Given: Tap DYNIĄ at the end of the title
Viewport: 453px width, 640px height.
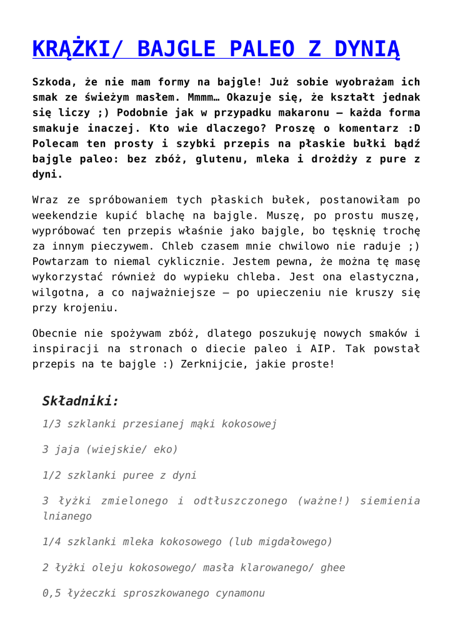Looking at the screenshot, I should pos(367,49).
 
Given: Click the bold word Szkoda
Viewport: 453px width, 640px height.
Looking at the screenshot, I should pos(53,82).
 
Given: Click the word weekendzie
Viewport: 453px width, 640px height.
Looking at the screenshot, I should pos(62,216).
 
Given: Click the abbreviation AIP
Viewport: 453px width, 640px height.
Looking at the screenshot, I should pos(322,349).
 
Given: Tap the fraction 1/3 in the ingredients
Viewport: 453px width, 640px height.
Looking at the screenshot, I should pos(52,424).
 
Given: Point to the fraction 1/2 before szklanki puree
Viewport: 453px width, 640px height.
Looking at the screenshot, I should pos(52,476).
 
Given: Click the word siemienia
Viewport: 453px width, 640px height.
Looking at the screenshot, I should pos(391,501).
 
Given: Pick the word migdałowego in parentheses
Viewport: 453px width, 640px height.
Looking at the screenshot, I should pos(292,542).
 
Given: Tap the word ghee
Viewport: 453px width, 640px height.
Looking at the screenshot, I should pos(332,567).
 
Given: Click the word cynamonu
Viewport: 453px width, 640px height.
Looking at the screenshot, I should pos(237,593).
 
